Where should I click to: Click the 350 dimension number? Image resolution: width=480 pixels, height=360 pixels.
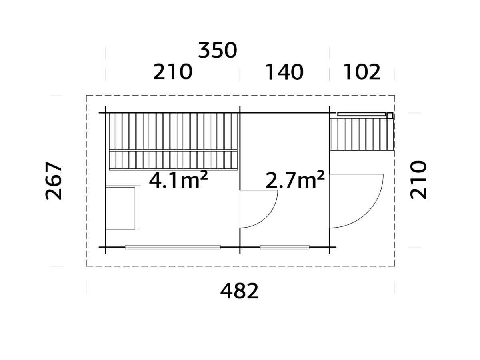pyautogui.click(x=218, y=51)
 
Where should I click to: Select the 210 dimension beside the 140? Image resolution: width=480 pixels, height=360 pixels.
pyautogui.click(x=173, y=72)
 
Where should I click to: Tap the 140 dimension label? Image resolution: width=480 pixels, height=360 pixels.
pyautogui.click(x=284, y=72)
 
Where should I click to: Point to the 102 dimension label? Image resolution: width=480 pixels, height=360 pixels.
pyautogui.click(x=362, y=72)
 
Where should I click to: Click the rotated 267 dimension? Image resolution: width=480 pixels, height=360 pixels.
pyautogui.click(x=54, y=181)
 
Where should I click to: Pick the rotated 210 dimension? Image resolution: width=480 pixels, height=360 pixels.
pyautogui.click(x=419, y=180)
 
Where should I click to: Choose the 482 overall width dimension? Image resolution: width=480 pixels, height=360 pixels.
pyautogui.click(x=240, y=291)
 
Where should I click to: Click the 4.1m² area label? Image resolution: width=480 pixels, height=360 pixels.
pyautogui.click(x=178, y=181)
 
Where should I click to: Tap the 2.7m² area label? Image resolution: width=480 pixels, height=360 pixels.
pyautogui.click(x=295, y=181)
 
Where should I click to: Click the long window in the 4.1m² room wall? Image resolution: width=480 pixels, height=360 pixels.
pyautogui.click(x=172, y=247)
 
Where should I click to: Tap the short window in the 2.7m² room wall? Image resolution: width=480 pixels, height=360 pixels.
pyautogui.click(x=284, y=247)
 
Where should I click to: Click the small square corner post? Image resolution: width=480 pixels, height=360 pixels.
pyautogui.click(x=390, y=116)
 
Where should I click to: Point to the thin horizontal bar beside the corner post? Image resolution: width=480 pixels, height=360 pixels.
pyautogui.click(x=361, y=114)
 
